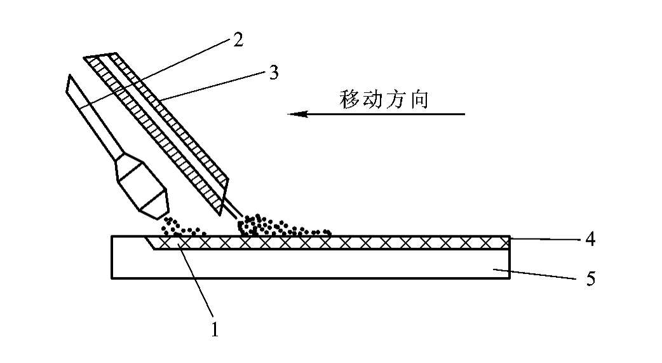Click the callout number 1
click(215, 329)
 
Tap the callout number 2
click(238, 39)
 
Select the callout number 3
click(274, 72)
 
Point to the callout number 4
click(590, 239)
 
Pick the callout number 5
click(591, 279)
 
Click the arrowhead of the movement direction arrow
click(297, 114)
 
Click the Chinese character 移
click(350, 100)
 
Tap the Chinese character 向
click(419, 100)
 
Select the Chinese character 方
click(396, 100)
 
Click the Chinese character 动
click(373, 100)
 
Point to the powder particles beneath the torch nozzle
click(182, 228)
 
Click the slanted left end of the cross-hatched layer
click(150, 243)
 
